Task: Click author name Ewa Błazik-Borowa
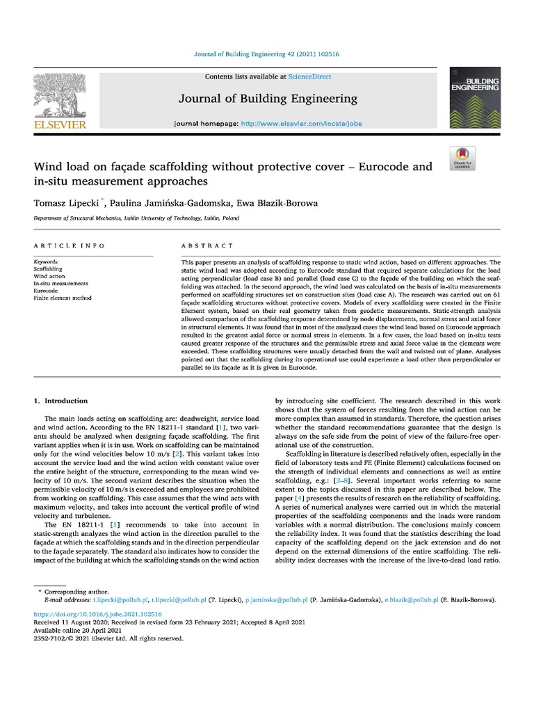coord(277,202)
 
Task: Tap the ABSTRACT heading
coord(207,246)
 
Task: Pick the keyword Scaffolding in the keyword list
coord(48,268)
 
